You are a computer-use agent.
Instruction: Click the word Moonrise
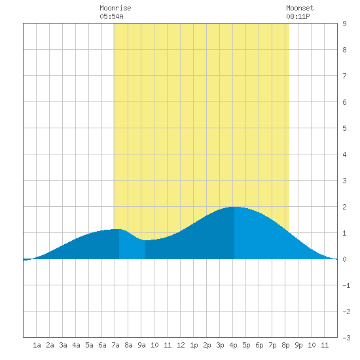coord(115,8)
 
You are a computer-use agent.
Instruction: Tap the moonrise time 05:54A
coord(111,16)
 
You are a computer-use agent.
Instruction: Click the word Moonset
coord(300,8)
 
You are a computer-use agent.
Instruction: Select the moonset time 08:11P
coord(298,16)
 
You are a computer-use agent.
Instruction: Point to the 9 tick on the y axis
coord(344,24)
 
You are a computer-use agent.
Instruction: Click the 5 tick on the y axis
coord(344,128)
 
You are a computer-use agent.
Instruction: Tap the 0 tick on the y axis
coord(344,259)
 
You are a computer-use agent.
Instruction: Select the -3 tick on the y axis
coord(346,338)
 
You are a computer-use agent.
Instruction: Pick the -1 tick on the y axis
coord(346,285)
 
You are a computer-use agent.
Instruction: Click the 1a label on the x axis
coord(37,345)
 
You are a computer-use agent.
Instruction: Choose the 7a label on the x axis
coord(115,345)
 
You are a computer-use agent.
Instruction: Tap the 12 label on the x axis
coord(181,345)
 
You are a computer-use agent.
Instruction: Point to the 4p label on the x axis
coord(233,345)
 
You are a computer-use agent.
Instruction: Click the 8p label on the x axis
coord(285,345)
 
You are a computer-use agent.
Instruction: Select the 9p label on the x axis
coord(298,345)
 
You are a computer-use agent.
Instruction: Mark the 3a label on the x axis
coord(63,345)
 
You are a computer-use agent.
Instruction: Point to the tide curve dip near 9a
coord(146,240)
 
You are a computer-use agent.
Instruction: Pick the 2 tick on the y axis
coord(344,207)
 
